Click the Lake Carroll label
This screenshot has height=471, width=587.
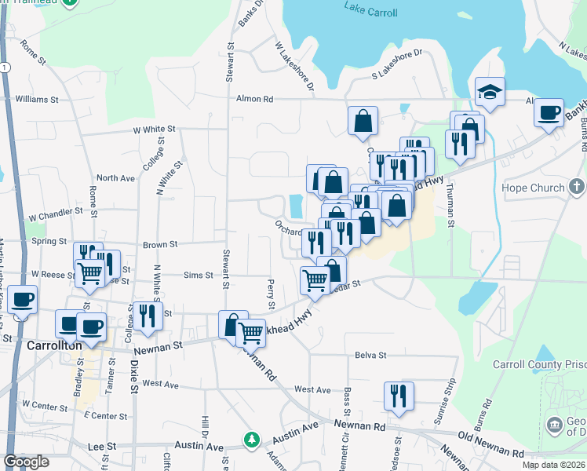coord(370,13)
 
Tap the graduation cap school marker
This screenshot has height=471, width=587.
coord(490,93)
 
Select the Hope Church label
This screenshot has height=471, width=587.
coord(534,188)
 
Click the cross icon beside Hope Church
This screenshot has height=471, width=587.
coord(577,188)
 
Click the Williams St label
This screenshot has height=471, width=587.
coord(37,100)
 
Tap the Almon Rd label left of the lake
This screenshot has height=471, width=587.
coord(255,100)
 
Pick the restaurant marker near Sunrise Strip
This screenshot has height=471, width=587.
coord(399,396)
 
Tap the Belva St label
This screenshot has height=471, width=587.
coord(370,355)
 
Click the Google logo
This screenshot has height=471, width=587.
coord(26,462)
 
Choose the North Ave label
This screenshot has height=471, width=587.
coord(115,178)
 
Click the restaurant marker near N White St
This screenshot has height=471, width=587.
coord(148,316)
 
